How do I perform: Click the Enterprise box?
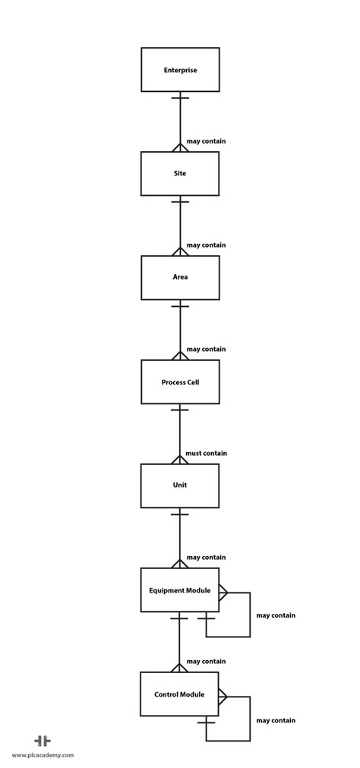pyautogui.click(x=180, y=70)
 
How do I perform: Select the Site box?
pyautogui.click(x=180, y=173)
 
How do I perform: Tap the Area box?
pyautogui.click(x=180, y=277)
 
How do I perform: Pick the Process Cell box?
pyautogui.click(x=180, y=381)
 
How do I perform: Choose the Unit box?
pyautogui.click(x=180, y=485)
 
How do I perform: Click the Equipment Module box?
pyautogui.click(x=180, y=589)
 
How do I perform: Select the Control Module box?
pyautogui.click(x=180, y=694)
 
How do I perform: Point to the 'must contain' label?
pyautogui.click(x=206, y=453)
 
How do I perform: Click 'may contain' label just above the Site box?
pyautogui.click(x=206, y=141)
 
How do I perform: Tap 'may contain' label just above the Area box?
pyautogui.click(x=206, y=245)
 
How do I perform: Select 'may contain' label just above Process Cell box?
pyautogui.click(x=206, y=349)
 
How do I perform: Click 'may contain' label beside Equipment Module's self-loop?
pyautogui.click(x=276, y=615)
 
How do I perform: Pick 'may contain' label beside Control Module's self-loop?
pyautogui.click(x=276, y=720)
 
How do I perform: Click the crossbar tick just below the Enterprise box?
pyautogui.click(x=180, y=98)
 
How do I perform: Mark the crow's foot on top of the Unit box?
pyautogui.click(x=180, y=459)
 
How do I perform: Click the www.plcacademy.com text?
pyautogui.click(x=43, y=755)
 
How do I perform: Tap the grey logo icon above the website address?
pyautogui.click(x=43, y=741)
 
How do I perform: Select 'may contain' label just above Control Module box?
pyautogui.click(x=206, y=661)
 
